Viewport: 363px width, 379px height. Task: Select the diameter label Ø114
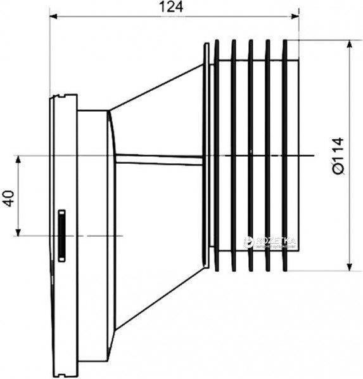pos(338,155)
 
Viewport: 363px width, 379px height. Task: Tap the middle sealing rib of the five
pos(251,156)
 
